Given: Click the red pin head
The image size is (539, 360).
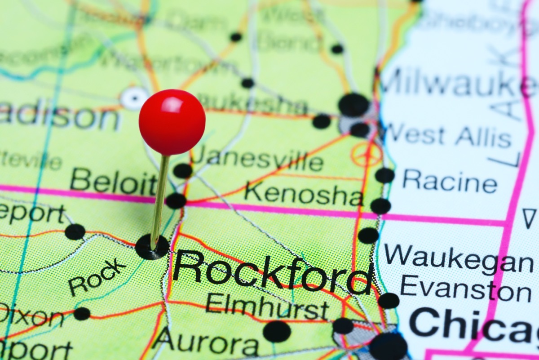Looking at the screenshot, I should click(172, 122).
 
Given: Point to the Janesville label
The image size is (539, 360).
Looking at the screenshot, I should click(257, 160).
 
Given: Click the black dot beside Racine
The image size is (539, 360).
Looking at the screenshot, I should click(385, 175).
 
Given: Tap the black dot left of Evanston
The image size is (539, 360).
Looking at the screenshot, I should click(389, 301).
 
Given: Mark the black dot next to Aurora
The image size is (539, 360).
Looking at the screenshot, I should click(277, 331).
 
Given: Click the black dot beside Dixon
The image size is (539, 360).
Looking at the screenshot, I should click(82, 314).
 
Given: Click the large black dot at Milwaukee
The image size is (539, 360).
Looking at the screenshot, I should click(353, 105).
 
